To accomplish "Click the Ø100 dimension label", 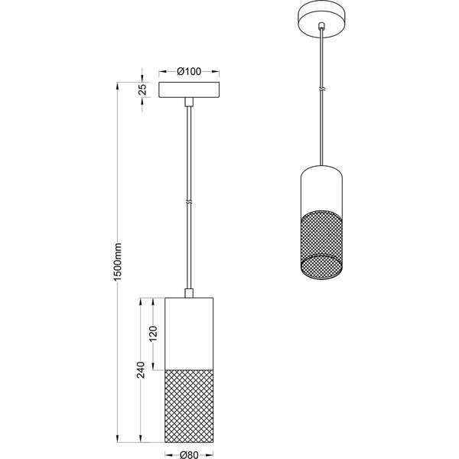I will pyautogui.click(x=188, y=72).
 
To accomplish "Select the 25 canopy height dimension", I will pyautogui.click(x=142, y=90).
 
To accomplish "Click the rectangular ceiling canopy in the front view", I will pyautogui.click(x=188, y=90).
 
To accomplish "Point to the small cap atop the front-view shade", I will pyautogui.click(x=188, y=294).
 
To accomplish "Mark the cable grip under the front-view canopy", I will pyautogui.click(x=188, y=101).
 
